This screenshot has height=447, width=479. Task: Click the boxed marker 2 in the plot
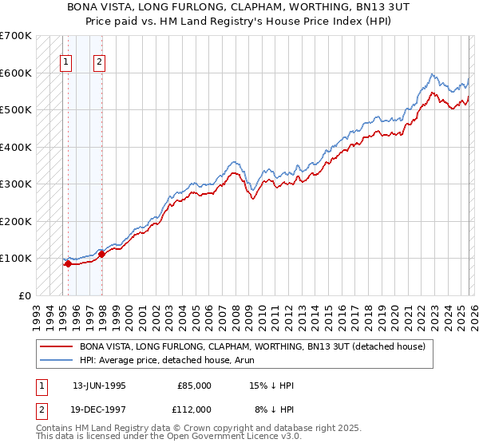(x=100, y=61)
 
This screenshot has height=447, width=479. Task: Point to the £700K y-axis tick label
(x=16, y=36)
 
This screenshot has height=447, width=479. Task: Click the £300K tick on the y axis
(x=16, y=184)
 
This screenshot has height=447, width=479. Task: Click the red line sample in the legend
(x=56, y=346)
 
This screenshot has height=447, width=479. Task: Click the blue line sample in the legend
(x=56, y=360)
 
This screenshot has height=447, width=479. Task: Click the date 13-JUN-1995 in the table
(x=99, y=385)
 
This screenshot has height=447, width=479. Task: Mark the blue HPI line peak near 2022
(x=432, y=74)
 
